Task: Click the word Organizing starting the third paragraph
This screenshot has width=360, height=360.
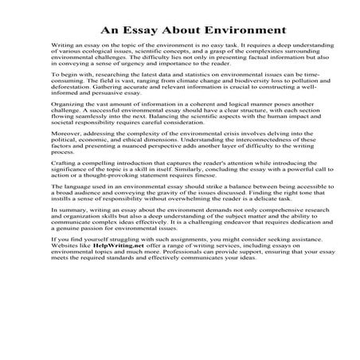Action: coord(68,126)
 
